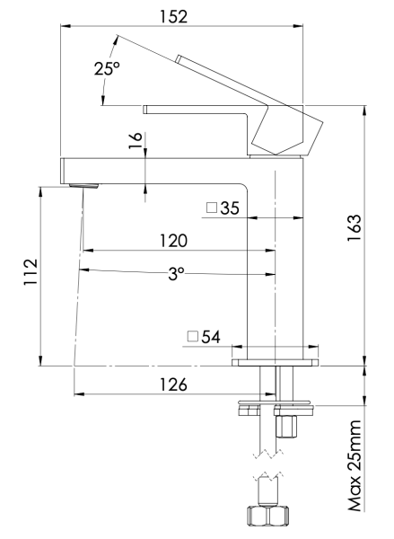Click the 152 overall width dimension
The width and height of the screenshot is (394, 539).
click(195, 15)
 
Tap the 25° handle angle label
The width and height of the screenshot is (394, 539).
click(106, 70)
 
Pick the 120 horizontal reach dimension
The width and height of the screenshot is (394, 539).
click(173, 241)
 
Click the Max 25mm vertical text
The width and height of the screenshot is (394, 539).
click(357, 464)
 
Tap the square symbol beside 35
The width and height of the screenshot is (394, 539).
click(212, 208)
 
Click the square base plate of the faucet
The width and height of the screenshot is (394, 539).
click(276, 363)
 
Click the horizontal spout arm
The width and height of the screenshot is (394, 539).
click(153, 168)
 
